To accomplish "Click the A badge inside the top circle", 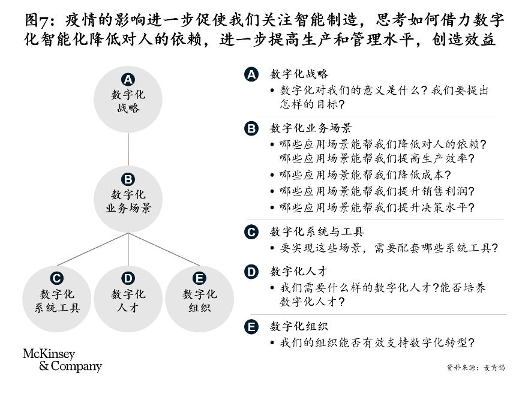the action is (x=128, y=80).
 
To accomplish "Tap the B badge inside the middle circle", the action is (x=128, y=179).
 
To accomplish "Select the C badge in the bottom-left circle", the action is (x=56, y=278).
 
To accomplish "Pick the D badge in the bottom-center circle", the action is (x=128, y=278).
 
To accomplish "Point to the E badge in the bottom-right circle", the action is (x=199, y=278).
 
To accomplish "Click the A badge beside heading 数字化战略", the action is (x=251, y=74).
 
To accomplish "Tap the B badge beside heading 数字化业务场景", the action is (x=251, y=128).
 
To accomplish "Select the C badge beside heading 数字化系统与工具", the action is (x=251, y=232).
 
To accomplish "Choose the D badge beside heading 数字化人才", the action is (x=251, y=272).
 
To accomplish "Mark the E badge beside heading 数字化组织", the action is (x=251, y=327).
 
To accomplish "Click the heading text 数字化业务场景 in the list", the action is (x=311, y=128).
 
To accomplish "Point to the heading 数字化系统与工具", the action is (x=317, y=232).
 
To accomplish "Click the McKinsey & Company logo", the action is (x=62, y=360).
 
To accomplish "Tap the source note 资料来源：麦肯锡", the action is (x=476, y=368).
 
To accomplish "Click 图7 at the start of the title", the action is (x=37, y=20).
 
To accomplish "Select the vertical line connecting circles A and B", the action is (x=128, y=149).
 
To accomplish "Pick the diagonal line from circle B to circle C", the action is (x=92, y=249).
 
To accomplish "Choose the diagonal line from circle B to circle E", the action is (x=164, y=249).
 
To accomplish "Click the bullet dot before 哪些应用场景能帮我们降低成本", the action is (x=272, y=175).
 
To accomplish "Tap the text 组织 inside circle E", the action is (x=199, y=308).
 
